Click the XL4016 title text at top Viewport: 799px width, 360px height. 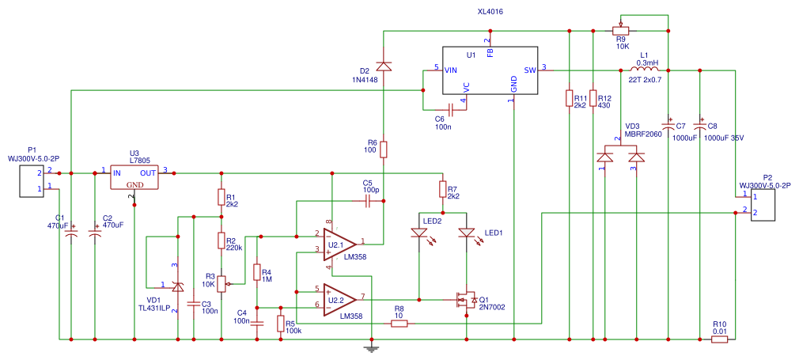[x=490, y=13]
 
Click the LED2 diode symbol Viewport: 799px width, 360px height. [x=419, y=233]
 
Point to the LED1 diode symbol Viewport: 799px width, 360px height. [x=467, y=233]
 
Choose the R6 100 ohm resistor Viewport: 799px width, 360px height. [x=384, y=149]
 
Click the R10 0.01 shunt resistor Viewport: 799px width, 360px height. [x=719, y=339]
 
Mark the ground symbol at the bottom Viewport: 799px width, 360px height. [x=372, y=346]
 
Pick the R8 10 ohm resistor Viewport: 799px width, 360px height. [x=399, y=323]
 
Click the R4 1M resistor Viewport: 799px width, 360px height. [x=256, y=272]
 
